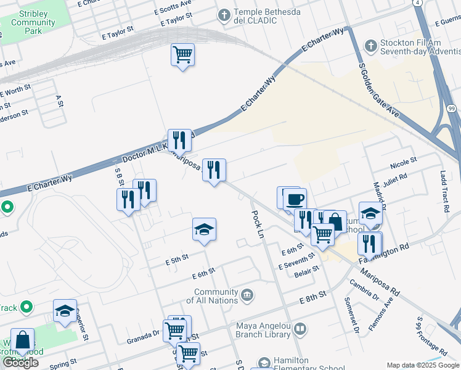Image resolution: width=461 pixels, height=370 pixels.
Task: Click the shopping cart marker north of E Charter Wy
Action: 182,55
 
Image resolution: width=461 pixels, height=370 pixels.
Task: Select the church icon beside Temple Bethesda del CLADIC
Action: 224,14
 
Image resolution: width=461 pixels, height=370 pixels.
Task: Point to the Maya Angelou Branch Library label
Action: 263,330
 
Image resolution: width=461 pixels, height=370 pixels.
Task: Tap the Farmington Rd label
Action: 394,249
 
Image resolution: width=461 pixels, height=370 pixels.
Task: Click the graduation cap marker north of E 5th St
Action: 204,231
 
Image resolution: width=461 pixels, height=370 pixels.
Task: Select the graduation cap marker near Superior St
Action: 65,312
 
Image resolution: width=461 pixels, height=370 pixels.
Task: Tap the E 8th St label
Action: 312,298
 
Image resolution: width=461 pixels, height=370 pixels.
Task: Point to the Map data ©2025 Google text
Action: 423,365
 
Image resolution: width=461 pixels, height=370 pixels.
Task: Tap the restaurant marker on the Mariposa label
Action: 214,171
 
